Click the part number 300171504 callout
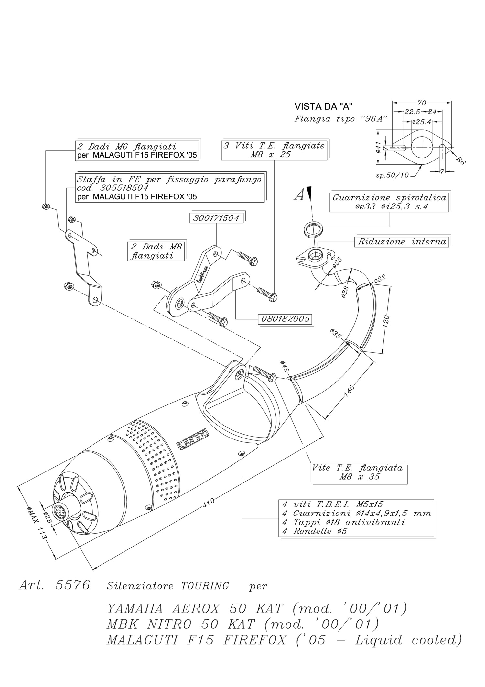pyautogui.click(x=216, y=218)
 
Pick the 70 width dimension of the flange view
pyautogui.click(x=421, y=103)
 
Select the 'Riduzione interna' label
pyautogui.click(x=402, y=242)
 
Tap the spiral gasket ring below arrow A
pyautogui.click(x=314, y=229)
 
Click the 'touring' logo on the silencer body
pyautogui.click(x=192, y=439)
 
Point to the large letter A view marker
pyautogui.click(x=299, y=195)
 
